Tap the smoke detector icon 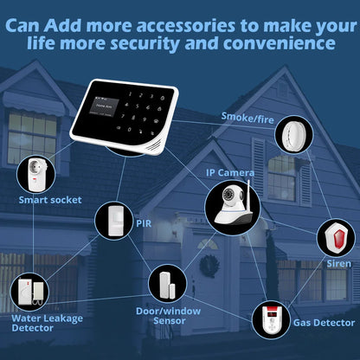pos(292,135)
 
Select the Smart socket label pos(50,200)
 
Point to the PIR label pos(145,222)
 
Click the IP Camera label pos(229,172)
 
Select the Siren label pos(337,261)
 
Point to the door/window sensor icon pos(164,282)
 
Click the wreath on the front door pos(208,265)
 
